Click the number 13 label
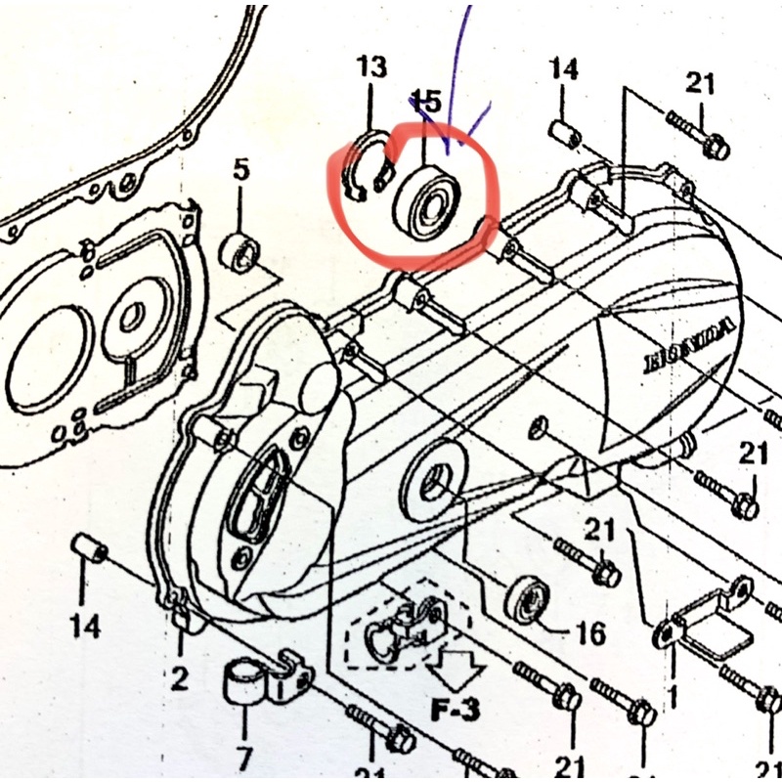[x=371, y=67]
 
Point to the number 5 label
[x=240, y=171]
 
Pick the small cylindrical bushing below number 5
[x=239, y=252]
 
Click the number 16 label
[x=589, y=634]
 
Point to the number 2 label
[x=180, y=677]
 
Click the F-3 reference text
[x=456, y=709]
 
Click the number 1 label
[x=673, y=697]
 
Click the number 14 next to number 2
[x=86, y=627]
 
